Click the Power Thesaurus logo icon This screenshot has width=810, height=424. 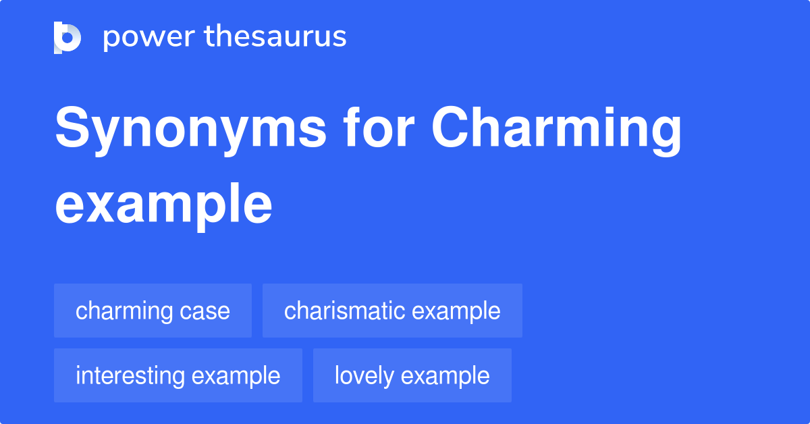tap(67, 38)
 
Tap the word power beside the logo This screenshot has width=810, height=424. tap(149, 37)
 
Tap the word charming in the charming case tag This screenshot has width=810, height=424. tap(124, 311)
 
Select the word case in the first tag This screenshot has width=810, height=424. tap(205, 311)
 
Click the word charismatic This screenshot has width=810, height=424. tap(344, 311)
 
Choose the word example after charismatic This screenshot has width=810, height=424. tap(456, 311)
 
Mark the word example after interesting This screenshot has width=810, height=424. tap(236, 376)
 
